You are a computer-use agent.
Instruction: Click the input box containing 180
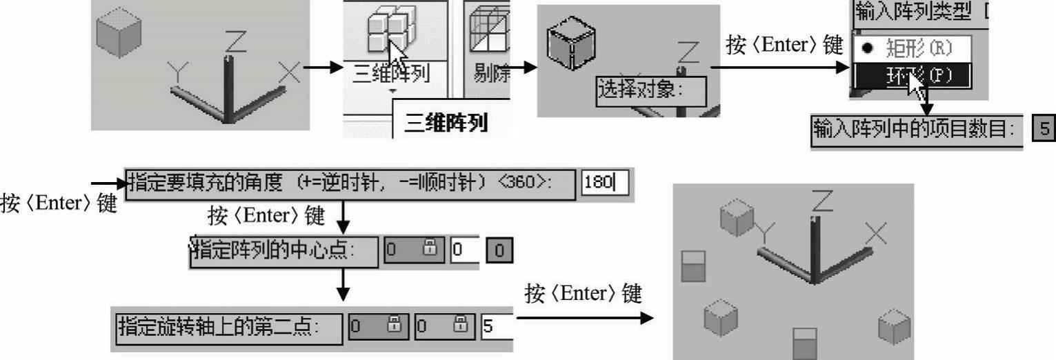point(604,184)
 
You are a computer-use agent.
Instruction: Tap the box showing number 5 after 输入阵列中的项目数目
point(1044,129)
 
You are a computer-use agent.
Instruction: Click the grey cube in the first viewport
point(118,32)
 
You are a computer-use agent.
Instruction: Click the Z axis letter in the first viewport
point(235,43)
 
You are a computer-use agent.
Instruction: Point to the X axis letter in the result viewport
point(875,235)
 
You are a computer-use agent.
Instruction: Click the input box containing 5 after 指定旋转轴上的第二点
point(497,326)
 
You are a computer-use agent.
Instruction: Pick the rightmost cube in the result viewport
point(894,326)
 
